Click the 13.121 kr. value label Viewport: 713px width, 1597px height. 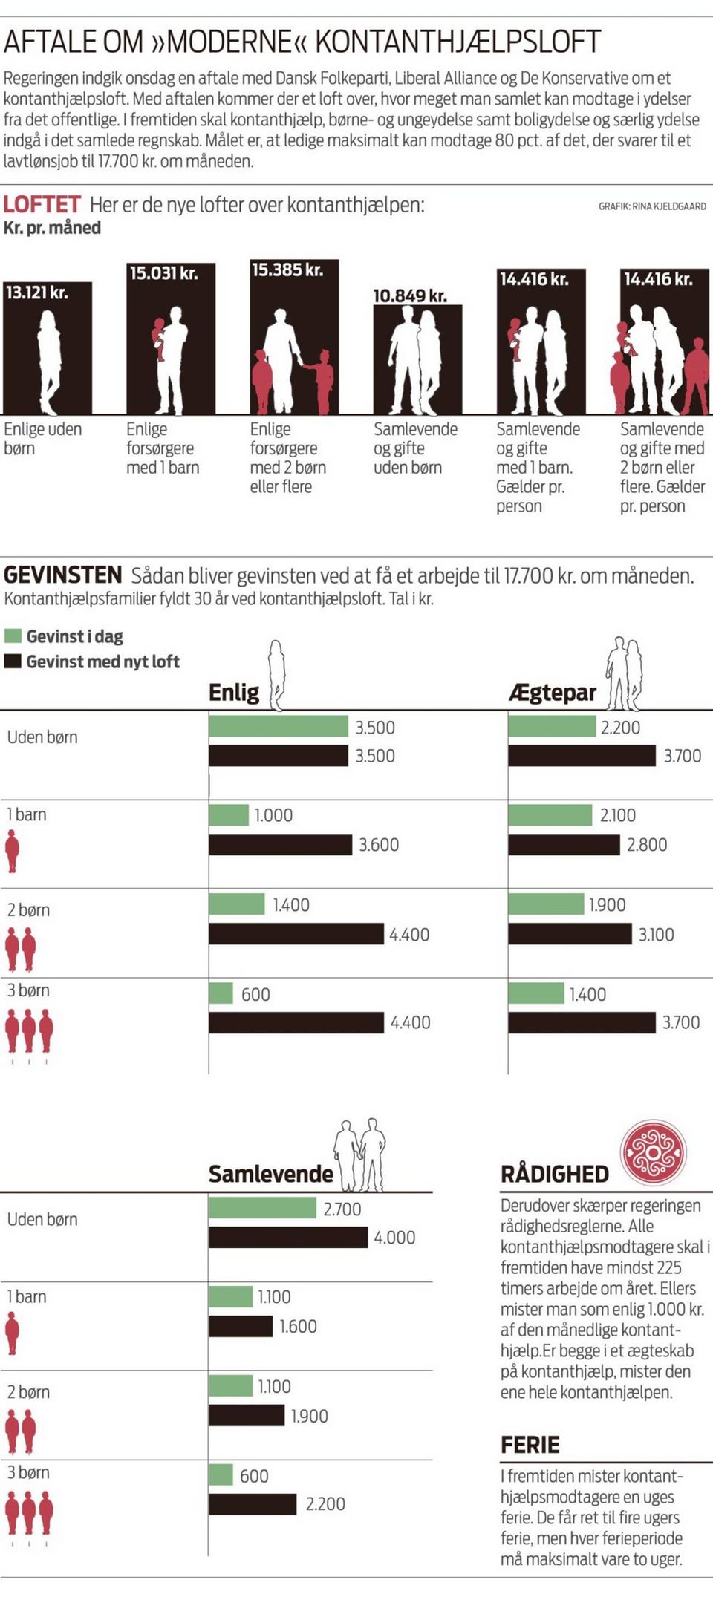coord(37,293)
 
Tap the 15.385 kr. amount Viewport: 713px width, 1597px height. coord(287,270)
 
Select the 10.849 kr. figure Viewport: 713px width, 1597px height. coord(410,296)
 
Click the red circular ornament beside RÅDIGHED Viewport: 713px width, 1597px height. coord(653,1152)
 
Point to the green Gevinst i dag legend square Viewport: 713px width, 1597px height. coord(13,636)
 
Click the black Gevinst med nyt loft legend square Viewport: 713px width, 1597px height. coord(13,661)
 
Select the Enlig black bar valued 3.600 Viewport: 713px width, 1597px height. coord(280,844)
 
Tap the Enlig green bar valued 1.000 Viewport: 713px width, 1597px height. coord(229,814)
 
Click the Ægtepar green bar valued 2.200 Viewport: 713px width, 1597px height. coord(552,726)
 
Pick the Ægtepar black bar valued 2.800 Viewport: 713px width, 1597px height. coord(564,844)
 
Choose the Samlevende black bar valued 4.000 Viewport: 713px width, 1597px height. coord(288,1237)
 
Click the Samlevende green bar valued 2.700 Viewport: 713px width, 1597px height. coord(262,1208)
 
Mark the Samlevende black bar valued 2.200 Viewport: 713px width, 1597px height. coord(253,1503)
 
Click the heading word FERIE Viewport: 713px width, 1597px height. coord(530,1444)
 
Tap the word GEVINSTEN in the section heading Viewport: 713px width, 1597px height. coord(63,575)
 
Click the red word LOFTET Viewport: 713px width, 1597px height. coord(42,204)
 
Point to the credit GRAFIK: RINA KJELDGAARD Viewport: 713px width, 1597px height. coord(652,206)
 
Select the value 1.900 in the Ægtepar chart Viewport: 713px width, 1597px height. coord(607,904)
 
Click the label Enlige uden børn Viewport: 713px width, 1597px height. coord(42,438)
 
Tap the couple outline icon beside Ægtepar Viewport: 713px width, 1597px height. coord(623,673)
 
